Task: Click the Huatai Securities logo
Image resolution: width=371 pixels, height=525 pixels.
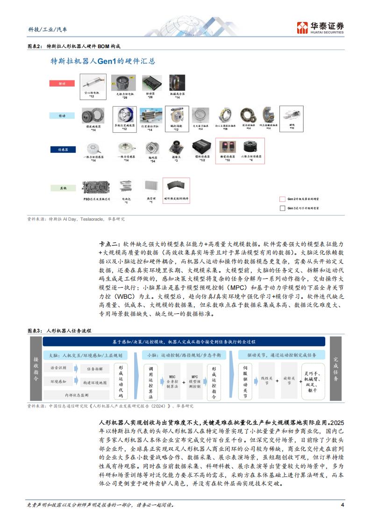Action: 321,28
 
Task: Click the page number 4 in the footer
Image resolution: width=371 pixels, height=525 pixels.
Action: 342,504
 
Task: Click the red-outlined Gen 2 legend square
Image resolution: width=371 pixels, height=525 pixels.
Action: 282,199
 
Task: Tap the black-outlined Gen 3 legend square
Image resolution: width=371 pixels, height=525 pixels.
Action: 282,208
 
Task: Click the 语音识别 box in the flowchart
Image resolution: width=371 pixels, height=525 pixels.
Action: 59,368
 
